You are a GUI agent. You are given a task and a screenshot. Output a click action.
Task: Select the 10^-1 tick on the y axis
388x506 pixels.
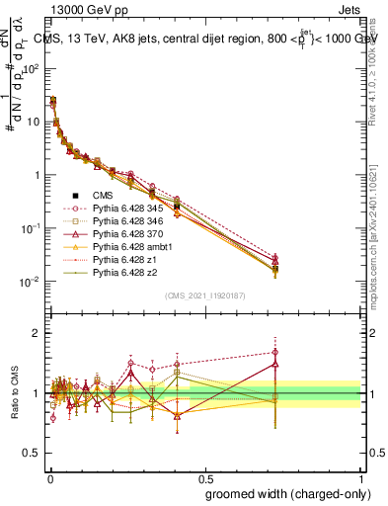pos(30,228)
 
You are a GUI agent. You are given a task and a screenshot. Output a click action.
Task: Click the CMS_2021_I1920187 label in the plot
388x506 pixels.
pos(204,295)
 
